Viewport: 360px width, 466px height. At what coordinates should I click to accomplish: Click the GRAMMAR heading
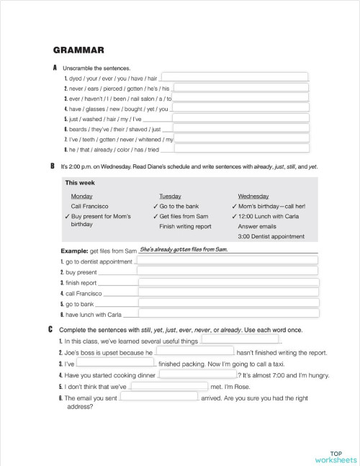point(79,50)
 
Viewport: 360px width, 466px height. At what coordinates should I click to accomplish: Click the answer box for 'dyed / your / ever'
point(235,77)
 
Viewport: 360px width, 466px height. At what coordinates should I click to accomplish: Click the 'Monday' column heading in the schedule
point(81,196)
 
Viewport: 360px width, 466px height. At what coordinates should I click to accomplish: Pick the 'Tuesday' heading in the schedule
point(169,196)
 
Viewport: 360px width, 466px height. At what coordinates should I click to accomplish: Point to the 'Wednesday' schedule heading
point(253,196)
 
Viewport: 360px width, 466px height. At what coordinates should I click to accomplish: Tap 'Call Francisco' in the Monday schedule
point(90,206)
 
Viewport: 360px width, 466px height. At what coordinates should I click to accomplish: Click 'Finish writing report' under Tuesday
point(185,225)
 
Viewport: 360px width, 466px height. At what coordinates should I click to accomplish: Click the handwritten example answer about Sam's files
point(184,249)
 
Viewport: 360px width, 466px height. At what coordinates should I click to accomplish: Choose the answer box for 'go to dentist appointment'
point(226,261)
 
